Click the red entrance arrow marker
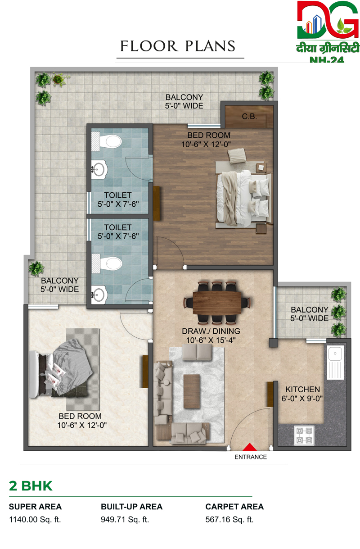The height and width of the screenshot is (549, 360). pyautogui.click(x=250, y=447)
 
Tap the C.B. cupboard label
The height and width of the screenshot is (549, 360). pyautogui.click(x=249, y=116)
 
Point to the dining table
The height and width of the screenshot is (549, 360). pyautogui.click(x=217, y=303)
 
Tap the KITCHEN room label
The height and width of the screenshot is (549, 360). pyautogui.click(x=302, y=390)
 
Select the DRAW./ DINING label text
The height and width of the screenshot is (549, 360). pyautogui.click(x=211, y=331)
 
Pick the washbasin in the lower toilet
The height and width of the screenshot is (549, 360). pyautogui.click(x=99, y=295)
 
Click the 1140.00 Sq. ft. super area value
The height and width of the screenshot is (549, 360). pyautogui.click(x=35, y=520)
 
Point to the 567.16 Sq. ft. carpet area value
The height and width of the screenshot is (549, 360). pyautogui.click(x=229, y=520)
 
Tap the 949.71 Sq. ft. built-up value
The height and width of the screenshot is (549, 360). pyautogui.click(x=125, y=520)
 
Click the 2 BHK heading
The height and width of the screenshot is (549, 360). pyautogui.click(x=31, y=486)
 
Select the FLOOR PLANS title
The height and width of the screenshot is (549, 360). pyautogui.click(x=178, y=46)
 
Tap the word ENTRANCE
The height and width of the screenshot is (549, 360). pyautogui.click(x=251, y=457)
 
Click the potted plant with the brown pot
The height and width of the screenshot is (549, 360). pyautogui.click(x=58, y=79)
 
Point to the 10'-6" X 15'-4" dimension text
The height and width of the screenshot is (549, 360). pyautogui.click(x=211, y=340)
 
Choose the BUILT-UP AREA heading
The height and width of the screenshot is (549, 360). pyautogui.click(x=131, y=507)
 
